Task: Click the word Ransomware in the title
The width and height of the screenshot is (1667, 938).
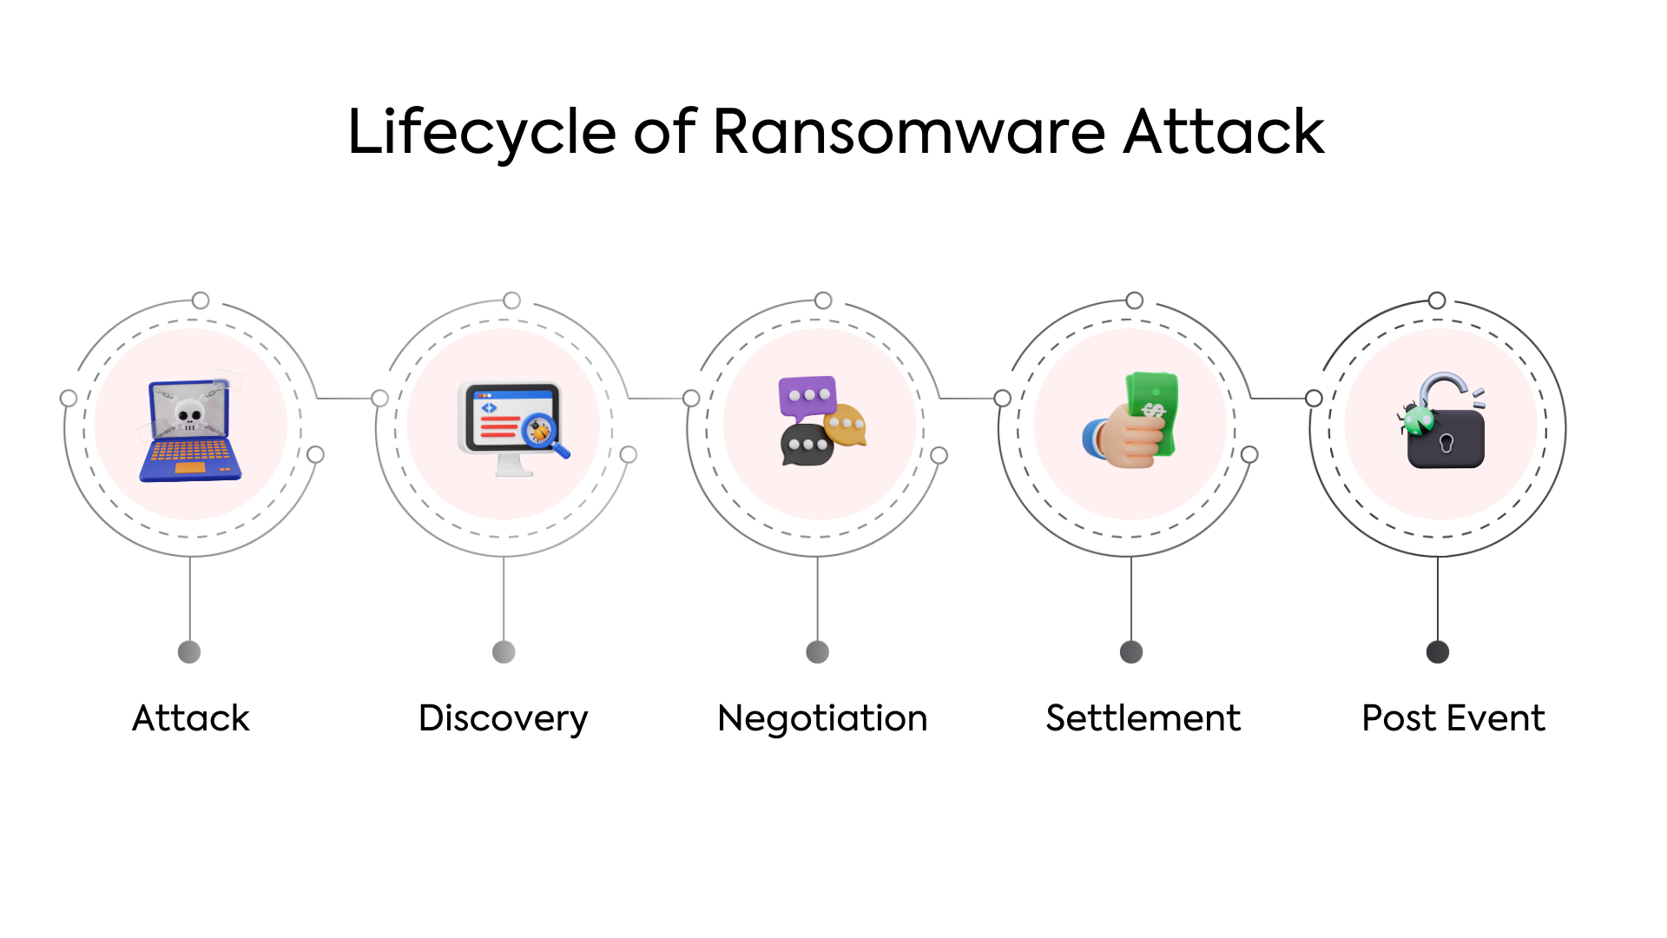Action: (908, 132)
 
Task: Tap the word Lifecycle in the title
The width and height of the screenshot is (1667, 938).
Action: (482, 132)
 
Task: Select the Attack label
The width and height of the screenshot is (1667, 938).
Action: (190, 718)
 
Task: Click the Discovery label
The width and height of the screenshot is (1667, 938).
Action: (503, 719)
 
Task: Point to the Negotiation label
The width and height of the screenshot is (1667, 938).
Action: (822, 718)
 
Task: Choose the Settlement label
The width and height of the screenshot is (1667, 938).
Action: (1143, 718)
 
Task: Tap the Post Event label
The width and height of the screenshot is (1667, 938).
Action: (1453, 718)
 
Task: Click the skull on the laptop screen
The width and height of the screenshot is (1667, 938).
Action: (189, 413)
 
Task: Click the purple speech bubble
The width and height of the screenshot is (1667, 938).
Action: (807, 396)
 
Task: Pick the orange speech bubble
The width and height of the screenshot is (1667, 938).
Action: (846, 425)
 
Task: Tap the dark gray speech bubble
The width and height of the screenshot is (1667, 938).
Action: (807, 445)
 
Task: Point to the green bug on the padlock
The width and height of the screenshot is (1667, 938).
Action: (1418, 420)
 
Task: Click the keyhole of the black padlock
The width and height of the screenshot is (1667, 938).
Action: (1446, 443)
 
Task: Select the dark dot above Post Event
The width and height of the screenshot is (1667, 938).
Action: (1437, 651)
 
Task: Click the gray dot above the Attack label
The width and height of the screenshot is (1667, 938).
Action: (189, 651)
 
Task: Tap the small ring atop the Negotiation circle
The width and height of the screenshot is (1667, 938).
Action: (823, 301)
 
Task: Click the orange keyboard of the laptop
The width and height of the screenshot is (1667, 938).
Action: (190, 452)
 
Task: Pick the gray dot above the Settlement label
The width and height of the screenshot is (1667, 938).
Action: (1131, 651)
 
